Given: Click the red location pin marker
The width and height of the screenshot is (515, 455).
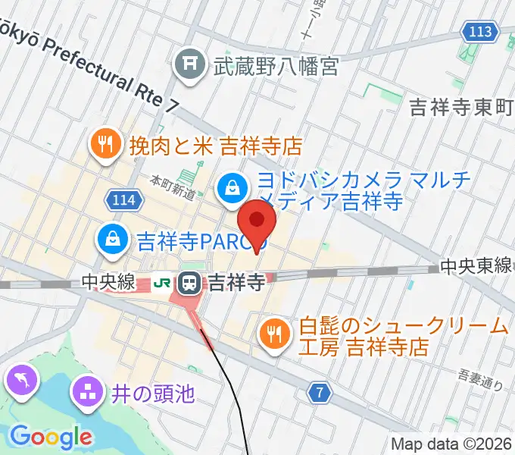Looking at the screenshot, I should pyautogui.click(x=257, y=221).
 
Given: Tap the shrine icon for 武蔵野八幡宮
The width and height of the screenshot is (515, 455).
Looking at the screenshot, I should pyautogui.click(x=186, y=66).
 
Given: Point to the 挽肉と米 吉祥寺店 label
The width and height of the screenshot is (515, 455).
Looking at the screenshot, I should pyautogui.click(x=216, y=144).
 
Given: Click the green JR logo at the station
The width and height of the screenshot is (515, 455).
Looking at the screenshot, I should pyautogui.click(x=161, y=283).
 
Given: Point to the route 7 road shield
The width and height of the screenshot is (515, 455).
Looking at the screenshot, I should pyautogui.click(x=321, y=393).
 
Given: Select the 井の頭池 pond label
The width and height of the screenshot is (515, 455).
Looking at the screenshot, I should pyautogui.click(x=154, y=394).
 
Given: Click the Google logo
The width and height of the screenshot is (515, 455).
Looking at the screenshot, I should pyautogui.click(x=51, y=437).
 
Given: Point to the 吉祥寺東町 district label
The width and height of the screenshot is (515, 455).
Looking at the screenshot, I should pyautogui.click(x=462, y=107).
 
